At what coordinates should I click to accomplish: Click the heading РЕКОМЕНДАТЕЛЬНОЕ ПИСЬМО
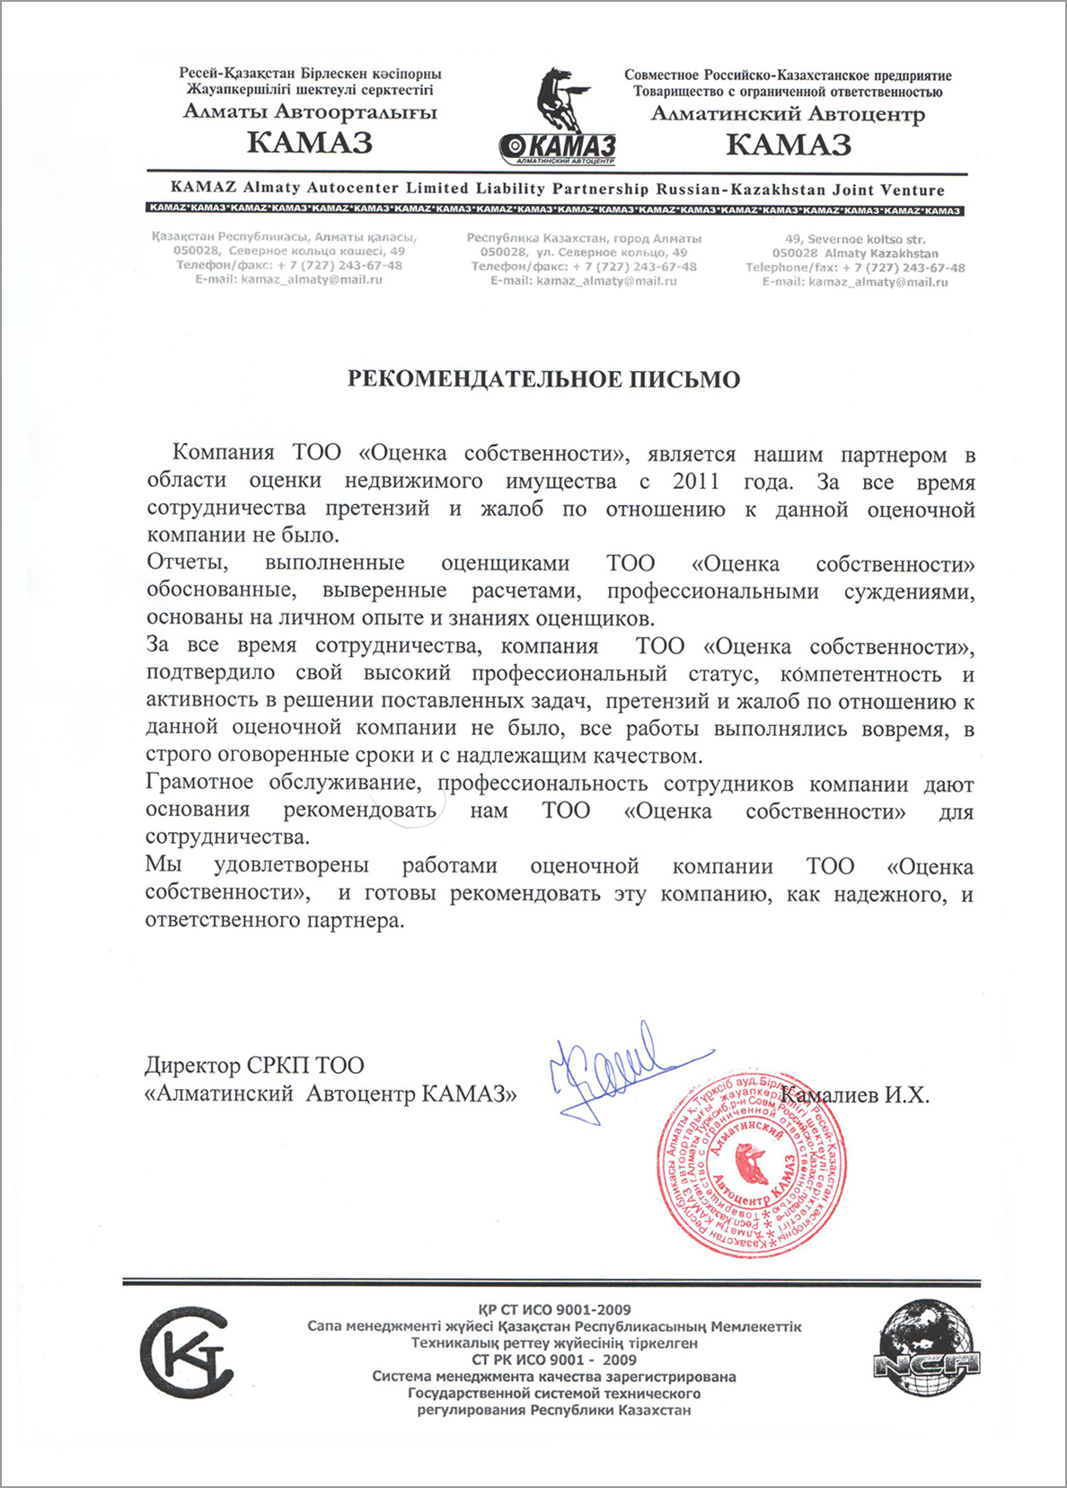coord(543,379)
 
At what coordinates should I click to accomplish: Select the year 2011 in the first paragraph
coord(696,482)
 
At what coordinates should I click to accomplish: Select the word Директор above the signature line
coord(191,1066)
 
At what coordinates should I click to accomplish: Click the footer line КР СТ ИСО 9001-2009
coord(555,1309)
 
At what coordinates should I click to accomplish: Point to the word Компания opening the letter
coord(223,454)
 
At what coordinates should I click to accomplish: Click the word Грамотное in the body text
coord(199,783)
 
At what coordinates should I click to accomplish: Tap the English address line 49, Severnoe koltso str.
coord(854,239)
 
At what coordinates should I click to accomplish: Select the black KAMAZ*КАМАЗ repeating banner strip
coord(553,210)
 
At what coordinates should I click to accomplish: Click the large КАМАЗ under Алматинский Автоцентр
coord(788,145)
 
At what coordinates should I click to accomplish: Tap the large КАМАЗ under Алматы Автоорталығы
coord(309,143)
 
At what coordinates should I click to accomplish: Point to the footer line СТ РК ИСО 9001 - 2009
coord(554,1360)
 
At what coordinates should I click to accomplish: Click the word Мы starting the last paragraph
coord(163,864)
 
